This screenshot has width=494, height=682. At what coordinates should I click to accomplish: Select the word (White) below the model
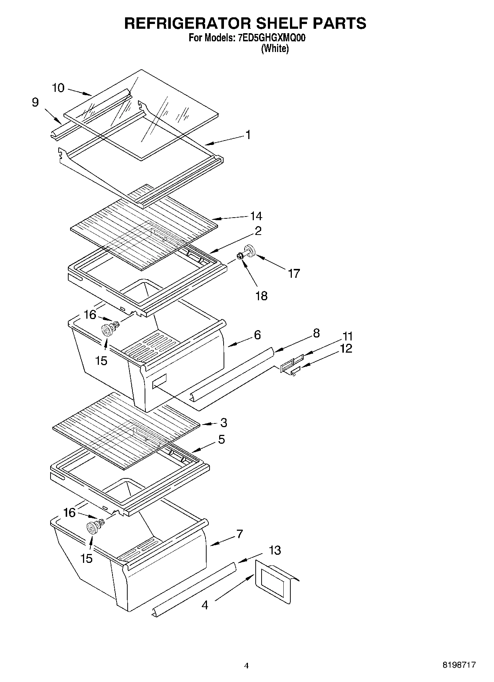tap(275, 49)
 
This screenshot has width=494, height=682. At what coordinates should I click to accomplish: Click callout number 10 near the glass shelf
tap(58, 88)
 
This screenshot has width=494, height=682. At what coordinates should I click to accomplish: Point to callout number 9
tap(35, 102)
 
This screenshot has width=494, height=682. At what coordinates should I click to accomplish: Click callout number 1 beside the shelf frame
tap(248, 135)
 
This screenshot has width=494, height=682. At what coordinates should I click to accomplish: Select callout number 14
tap(256, 216)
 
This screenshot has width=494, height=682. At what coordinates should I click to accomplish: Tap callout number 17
tap(294, 273)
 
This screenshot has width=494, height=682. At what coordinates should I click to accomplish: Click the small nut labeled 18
tap(239, 255)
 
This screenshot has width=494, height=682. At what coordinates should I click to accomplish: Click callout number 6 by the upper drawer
tap(257, 335)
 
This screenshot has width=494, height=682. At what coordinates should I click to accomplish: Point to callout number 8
tap(316, 333)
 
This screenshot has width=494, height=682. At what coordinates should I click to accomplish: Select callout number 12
tap(346, 348)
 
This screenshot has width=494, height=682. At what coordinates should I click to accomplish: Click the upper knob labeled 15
tap(107, 329)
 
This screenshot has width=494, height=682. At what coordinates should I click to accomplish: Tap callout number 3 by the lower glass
tap(224, 423)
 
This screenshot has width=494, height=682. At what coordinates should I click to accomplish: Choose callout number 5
tap(221, 439)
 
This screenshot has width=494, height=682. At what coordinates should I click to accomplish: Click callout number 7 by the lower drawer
tap(240, 534)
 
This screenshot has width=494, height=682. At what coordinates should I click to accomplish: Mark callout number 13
tap(275, 550)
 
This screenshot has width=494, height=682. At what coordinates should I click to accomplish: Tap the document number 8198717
tap(459, 665)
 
